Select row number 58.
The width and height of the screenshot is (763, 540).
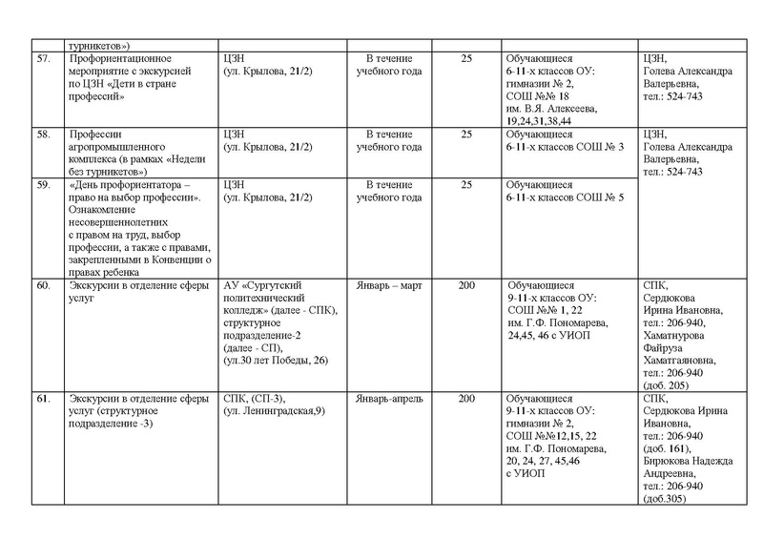[41, 135]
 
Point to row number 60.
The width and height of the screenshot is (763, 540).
[41, 284]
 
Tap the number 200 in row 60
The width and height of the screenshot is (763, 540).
[466, 284]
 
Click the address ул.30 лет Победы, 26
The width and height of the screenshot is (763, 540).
[275, 360]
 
